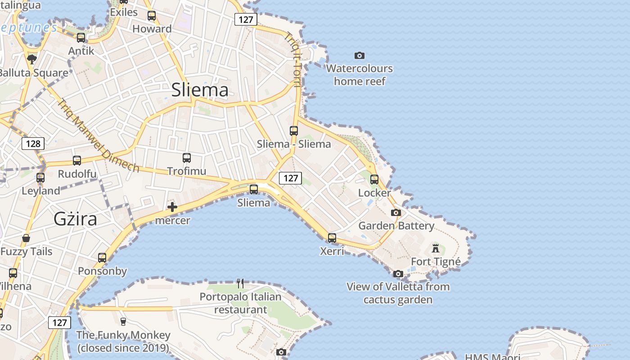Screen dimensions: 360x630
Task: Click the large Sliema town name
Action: click(x=200, y=90)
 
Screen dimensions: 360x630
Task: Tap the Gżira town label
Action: click(x=75, y=219)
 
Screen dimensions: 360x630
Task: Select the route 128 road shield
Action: click(x=33, y=144)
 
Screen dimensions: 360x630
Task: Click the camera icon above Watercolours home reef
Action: click(x=359, y=55)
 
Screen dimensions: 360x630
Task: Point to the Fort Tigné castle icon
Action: click(x=435, y=248)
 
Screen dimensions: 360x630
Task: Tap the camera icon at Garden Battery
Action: click(x=396, y=212)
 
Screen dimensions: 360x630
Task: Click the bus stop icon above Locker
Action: click(x=374, y=180)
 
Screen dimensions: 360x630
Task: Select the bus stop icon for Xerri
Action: click(x=332, y=238)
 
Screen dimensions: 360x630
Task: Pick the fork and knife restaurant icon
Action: click(x=240, y=283)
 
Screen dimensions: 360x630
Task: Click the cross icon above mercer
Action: click(x=172, y=207)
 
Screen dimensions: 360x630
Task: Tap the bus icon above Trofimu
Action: click(x=187, y=158)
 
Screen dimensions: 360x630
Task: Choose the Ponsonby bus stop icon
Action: click(x=102, y=258)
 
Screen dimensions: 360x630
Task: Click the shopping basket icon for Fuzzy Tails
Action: click(x=26, y=238)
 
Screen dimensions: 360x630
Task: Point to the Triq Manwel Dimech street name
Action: click(x=99, y=135)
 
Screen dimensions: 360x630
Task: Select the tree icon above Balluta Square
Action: click(x=31, y=59)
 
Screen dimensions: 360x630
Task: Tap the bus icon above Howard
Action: click(x=152, y=16)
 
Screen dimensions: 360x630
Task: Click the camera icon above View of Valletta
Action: click(x=398, y=274)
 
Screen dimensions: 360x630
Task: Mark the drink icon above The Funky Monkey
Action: click(x=123, y=321)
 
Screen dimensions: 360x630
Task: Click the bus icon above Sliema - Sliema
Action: click(x=294, y=131)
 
